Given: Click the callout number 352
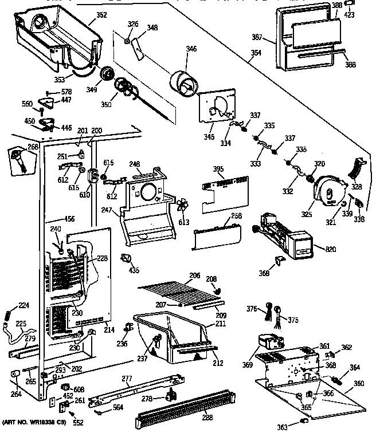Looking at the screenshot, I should click(101, 15).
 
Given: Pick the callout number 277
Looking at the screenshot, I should click(127, 378).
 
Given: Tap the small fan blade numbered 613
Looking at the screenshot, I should click(182, 207).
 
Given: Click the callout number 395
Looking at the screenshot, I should click(234, 170).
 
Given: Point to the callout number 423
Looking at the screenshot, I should click(348, 15).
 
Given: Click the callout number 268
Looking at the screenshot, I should click(32, 147).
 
